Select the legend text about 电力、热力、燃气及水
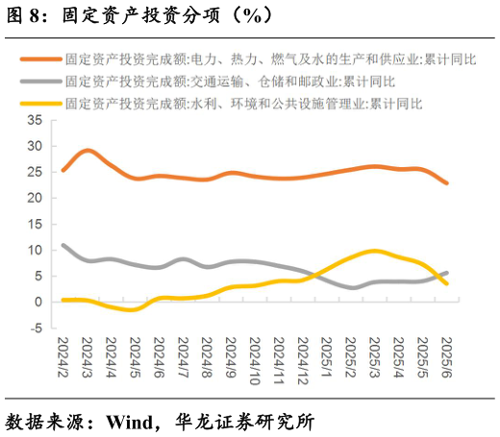coord(270,60)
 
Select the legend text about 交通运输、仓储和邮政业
coord(230,81)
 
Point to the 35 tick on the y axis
coord(36,120)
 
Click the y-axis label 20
coord(36,198)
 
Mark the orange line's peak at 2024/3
coord(87,150)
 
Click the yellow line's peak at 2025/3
coord(374,251)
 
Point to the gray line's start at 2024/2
coord(63,245)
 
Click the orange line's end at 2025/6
coord(446,182)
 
